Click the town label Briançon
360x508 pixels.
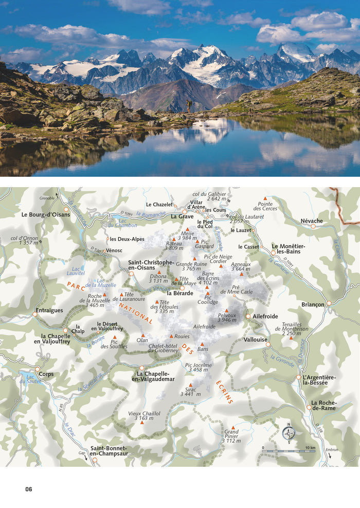pyautogui.click(x=313, y=304)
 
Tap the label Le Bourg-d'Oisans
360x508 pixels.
pyautogui.click(x=46, y=214)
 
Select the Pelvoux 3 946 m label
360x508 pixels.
pyautogui.click(x=226, y=317)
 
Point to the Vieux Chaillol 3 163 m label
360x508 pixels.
pyautogui.click(x=144, y=415)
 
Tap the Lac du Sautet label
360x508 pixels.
pyautogui.click(x=33, y=379)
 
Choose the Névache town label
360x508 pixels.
pyautogui.click(x=312, y=221)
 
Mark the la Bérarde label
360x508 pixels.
pyautogui.click(x=180, y=293)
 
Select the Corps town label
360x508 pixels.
pyautogui.click(x=45, y=375)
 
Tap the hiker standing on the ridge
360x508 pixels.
pyautogui.click(x=189, y=106)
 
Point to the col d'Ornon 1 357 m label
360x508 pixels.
pyautogui.click(x=24, y=240)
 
